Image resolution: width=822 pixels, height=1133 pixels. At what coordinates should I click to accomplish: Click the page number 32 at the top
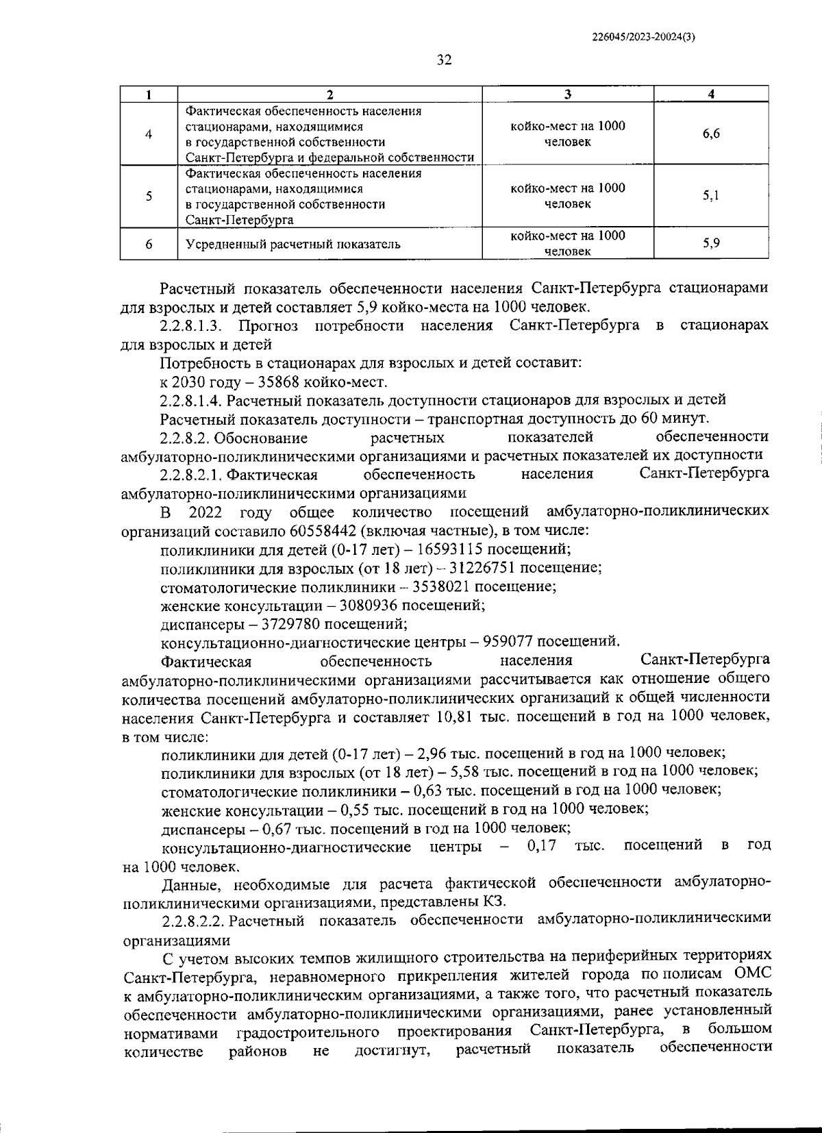coord(444,60)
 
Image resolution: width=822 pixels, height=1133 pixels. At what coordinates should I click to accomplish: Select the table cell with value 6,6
coord(710,134)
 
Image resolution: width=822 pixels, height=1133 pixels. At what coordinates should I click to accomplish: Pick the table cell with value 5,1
coord(710,197)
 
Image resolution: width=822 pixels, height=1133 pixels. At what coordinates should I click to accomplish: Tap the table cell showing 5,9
coord(710,243)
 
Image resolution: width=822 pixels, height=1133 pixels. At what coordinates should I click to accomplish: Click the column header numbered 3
coord(567,95)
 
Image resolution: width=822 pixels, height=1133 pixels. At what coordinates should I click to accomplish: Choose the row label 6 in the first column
coord(149,244)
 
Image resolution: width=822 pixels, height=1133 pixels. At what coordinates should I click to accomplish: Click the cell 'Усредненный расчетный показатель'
coord(293,244)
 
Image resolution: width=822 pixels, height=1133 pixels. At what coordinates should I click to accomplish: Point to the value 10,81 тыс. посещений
coord(449,717)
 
